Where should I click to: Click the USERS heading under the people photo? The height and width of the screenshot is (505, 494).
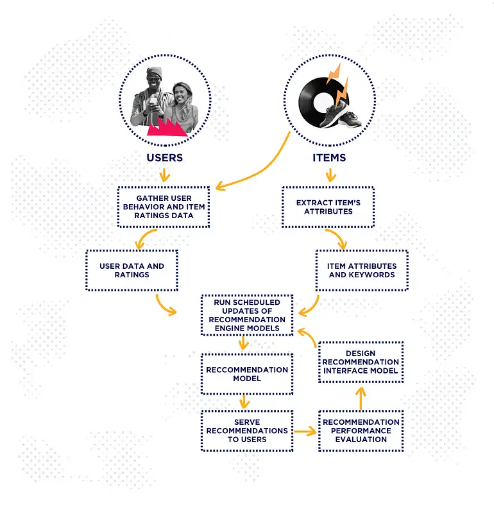pos(164,157)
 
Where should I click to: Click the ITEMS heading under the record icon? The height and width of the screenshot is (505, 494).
pos(330,157)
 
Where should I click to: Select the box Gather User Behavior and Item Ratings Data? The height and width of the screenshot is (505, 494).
pos(164,207)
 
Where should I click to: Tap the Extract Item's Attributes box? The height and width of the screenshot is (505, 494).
pos(328,207)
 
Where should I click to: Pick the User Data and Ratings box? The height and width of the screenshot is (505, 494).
pos(132,270)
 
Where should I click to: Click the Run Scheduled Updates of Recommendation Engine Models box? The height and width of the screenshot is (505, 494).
pos(247,315)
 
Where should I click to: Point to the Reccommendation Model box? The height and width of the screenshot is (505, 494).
pos(247,374)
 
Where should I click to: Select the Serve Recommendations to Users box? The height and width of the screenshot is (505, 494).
pos(247,431)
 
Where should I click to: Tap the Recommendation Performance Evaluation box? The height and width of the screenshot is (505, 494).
pos(361,431)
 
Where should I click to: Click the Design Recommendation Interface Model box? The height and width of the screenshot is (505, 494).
pos(361,362)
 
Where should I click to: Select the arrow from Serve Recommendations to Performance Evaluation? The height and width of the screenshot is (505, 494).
pos(305,431)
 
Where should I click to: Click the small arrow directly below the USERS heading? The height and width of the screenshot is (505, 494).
pos(164,174)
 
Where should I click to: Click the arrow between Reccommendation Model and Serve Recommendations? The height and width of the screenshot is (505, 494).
pos(244,402)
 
